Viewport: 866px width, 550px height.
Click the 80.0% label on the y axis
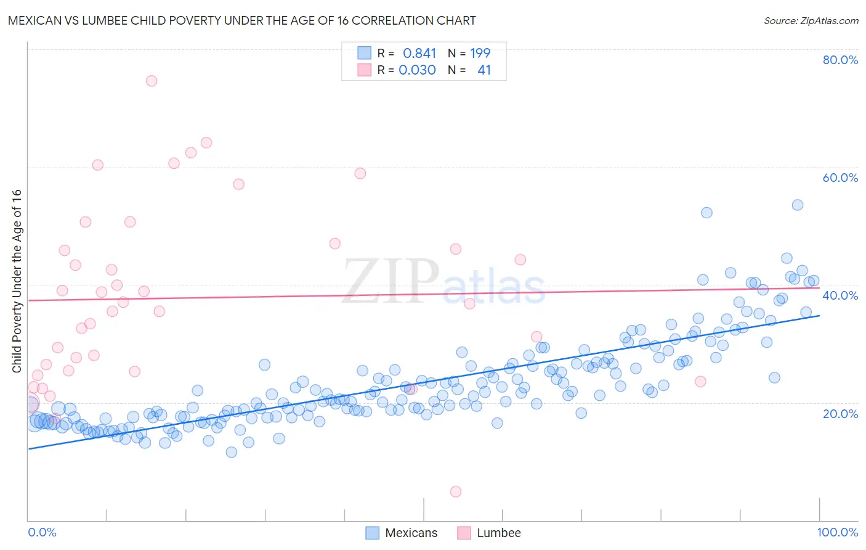tap(840, 60)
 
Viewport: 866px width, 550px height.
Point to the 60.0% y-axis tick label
tap(840, 178)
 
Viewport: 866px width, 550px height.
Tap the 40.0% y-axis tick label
tap(840, 295)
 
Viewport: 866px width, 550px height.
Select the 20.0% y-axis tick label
tap(840, 413)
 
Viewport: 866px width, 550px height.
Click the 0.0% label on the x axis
tap(42, 532)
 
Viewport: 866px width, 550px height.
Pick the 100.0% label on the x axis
tap(837, 532)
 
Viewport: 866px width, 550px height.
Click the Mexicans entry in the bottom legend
tap(411, 533)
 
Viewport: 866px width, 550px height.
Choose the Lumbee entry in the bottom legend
tap(498, 533)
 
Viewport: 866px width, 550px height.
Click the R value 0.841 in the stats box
tap(419, 54)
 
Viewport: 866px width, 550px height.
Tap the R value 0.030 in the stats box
tap(417, 70)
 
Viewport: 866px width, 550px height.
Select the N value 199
tap(480, 54)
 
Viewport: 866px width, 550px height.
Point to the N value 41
tap(484, 70)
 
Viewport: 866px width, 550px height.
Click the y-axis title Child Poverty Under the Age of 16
tap(17, 281)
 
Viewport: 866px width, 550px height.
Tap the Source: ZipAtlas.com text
tap(811, 21)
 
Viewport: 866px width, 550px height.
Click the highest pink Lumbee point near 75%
tap(152, 81)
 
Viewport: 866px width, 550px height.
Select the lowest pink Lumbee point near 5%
tap(456, 491)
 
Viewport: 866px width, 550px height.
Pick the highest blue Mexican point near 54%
tap(797, 205)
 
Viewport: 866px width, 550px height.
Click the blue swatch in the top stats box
tap(365, 53)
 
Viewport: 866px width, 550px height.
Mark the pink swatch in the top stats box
tap(365, 70)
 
